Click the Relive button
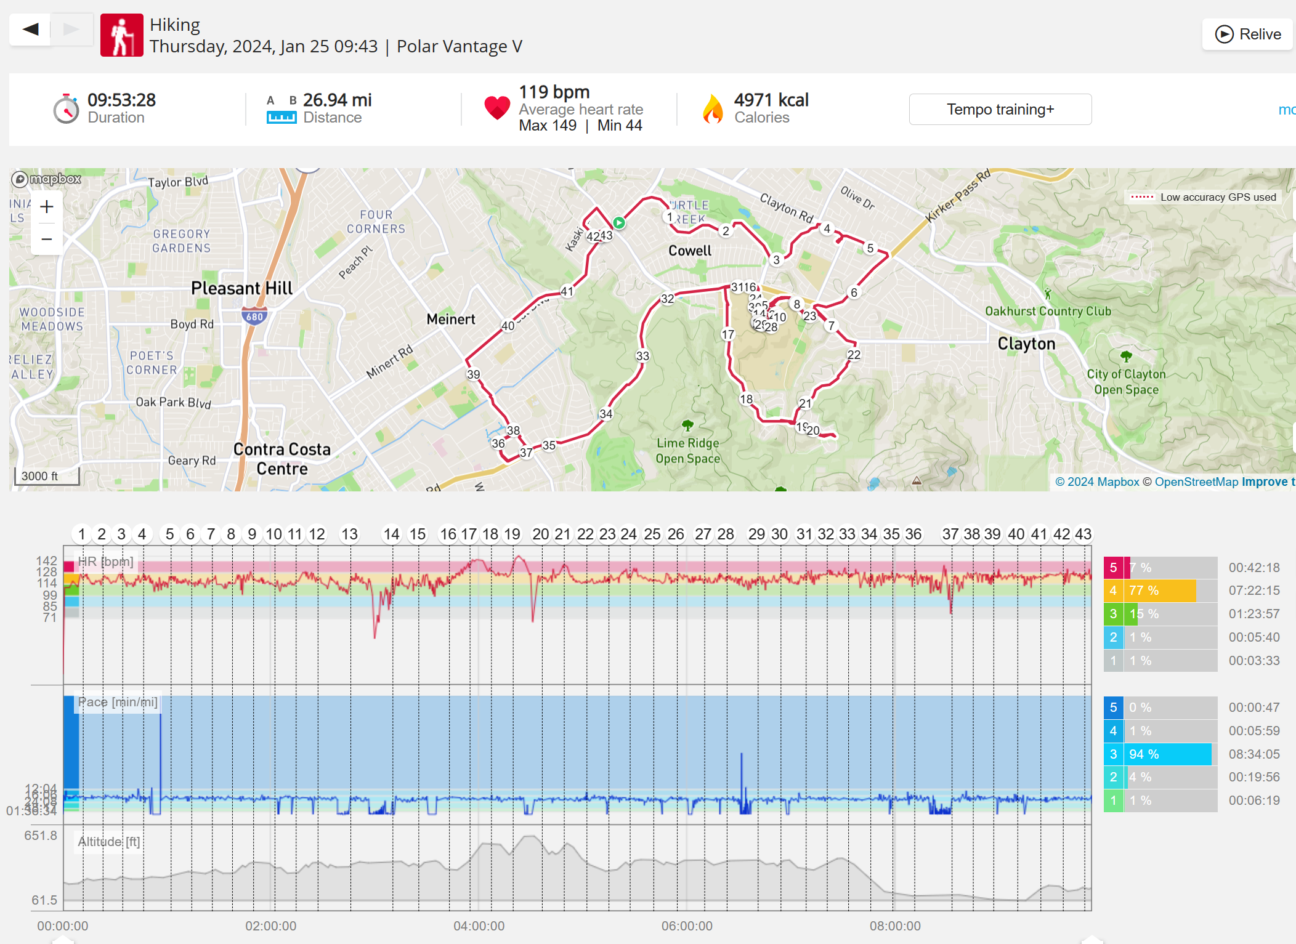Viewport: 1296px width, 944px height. click(1247, 34)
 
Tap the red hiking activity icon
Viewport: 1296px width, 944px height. click(122, 35)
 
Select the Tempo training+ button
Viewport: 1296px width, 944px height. click(1000, 110)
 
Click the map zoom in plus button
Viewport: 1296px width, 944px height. click(47, 207)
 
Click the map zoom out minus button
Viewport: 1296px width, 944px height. click(47, 239)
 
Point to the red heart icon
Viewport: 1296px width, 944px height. click(496, 108)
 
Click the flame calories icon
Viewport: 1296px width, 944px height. click(713, 109)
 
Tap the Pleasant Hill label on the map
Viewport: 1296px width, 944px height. click(241, 288)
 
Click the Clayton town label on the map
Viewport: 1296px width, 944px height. click(1026, 344)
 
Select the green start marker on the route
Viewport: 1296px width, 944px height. click(619, 223)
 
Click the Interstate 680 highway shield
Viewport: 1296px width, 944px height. click(254, 317)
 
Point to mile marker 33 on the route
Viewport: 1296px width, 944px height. click(642, 356)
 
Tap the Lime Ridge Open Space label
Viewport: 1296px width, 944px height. click(687, 450)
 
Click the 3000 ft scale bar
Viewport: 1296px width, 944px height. click(47, 476)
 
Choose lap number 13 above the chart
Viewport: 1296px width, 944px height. click(349, 534)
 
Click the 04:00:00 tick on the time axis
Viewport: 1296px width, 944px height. click(479, 926)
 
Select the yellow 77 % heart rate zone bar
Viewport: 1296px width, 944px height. click(1161, 591)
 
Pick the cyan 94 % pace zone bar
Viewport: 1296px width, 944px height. click(1168, 754)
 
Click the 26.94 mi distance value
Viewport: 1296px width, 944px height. click(337, 100)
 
